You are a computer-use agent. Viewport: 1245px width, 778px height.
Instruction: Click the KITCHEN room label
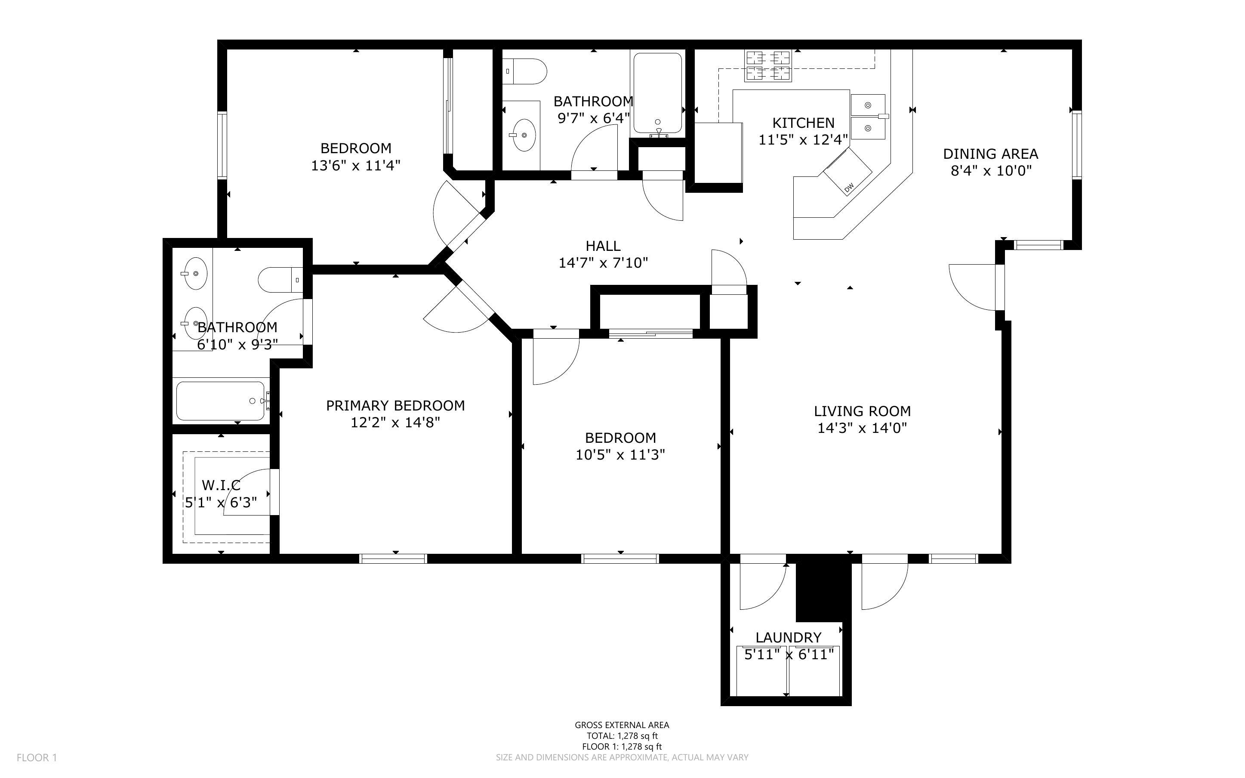pos(803,123)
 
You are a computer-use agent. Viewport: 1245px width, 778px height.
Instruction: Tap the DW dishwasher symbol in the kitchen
pos(847,171)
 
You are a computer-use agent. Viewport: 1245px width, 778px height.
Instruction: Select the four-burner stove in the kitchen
pos(768,66)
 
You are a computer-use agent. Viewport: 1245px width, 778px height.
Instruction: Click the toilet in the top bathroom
pos(524,71)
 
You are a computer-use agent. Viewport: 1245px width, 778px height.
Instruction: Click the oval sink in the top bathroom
pos(524,135)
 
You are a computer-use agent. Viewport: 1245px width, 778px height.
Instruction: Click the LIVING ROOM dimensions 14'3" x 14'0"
pos(863,428)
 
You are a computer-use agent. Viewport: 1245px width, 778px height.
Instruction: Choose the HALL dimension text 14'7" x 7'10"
pos(603,263)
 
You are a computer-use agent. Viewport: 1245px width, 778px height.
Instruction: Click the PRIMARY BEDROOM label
pos(395,405)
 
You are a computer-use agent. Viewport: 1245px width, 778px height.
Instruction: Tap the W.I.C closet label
pos(221,485)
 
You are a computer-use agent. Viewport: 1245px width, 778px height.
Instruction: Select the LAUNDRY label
pos(789,638)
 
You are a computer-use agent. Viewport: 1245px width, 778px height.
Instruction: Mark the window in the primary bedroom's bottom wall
pos(393,559)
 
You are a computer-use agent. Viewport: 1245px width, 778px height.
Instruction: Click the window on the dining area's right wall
pos(1076,145)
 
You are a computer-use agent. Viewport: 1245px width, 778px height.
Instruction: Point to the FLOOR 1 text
pos(37,757)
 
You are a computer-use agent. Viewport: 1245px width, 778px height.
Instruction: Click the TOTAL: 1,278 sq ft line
pos(622,736)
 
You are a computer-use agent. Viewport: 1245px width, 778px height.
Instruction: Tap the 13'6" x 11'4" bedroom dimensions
pos(356,166)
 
